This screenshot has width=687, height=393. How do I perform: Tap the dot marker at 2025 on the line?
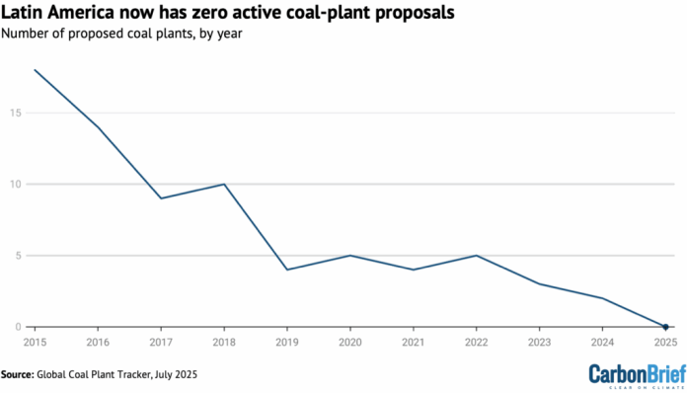click(x=665, y=327)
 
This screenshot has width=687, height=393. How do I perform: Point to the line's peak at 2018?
click(x=224, y=184)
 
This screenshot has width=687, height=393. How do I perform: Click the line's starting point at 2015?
click(x=35, y=70)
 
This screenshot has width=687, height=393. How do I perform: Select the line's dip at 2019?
click(x=287, y=270)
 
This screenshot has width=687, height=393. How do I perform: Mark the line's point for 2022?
click(x=477, y=256)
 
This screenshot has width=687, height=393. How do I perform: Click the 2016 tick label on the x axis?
click(x=98, y=341)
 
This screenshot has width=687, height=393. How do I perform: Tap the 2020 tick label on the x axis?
click(x=350, y=341)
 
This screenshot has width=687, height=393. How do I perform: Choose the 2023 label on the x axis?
click(x=539, y=341)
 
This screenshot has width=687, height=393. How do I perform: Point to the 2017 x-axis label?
click(x=161, y=341)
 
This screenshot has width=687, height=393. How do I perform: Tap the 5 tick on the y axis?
click(x=18, y=256)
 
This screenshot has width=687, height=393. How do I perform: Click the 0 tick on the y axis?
click(x=18, y=327)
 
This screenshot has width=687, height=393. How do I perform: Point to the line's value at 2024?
click(x=602, y=298)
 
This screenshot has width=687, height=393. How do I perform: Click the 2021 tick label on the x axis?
click(x=414, y=341)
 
